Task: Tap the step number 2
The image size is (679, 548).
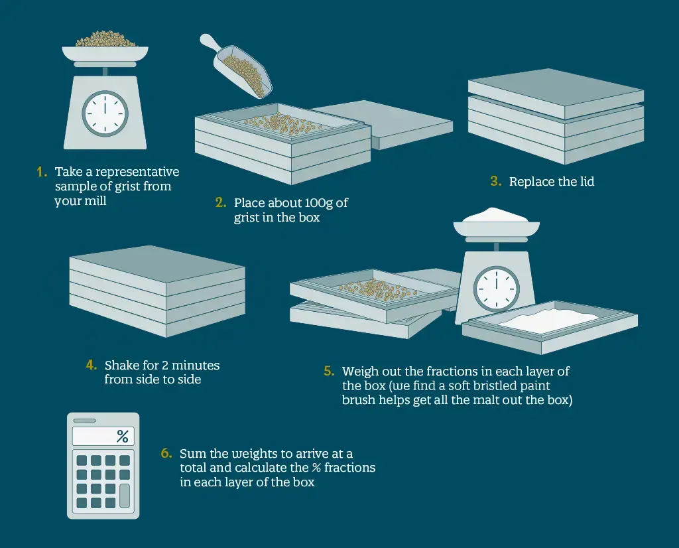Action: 220,203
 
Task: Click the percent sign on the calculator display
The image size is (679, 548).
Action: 123,437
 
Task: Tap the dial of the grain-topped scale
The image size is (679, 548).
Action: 105,113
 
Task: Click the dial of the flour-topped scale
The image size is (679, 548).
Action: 496,289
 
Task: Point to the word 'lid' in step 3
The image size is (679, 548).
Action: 587,182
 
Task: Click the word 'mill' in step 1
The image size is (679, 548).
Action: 97,201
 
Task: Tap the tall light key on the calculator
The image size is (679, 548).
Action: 125,496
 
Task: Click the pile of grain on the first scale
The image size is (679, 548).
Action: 105,39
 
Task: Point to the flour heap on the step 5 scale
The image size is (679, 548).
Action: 496,216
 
